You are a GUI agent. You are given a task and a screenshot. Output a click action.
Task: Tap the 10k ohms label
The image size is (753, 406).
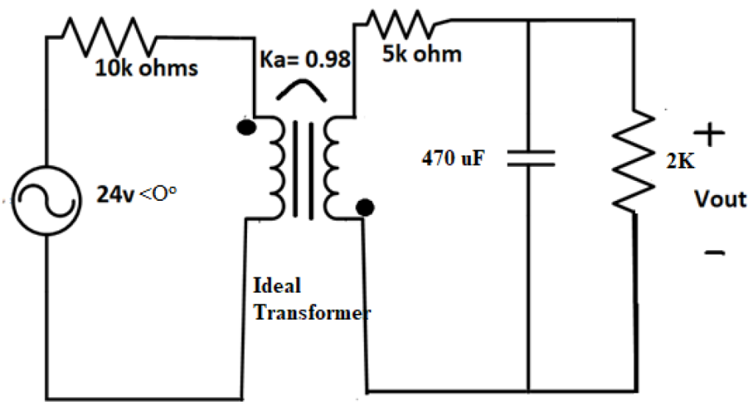pos(145,68)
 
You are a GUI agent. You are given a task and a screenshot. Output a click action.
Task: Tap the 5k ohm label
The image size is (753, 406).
pos(422,54)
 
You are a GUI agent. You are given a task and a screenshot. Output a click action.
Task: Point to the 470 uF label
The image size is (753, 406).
pos(453,157)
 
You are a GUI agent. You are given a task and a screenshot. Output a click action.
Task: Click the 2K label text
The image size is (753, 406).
pos(680,163)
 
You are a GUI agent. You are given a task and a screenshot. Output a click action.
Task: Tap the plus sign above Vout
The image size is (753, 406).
pos(709,135)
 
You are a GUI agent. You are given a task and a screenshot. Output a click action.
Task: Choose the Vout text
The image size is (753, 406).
pos(720,199)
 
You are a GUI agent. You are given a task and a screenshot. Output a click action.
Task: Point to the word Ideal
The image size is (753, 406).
pos(277,285)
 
